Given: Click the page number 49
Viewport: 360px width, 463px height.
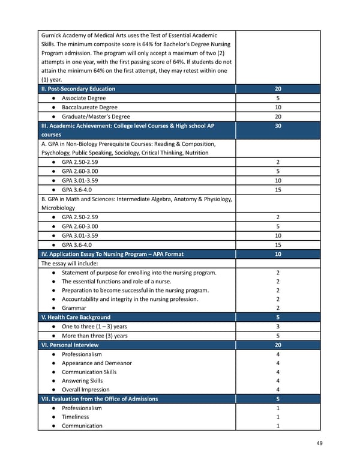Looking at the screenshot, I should (x=319, y=444).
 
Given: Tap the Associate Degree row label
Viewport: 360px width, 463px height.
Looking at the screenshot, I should (x=83, y=98).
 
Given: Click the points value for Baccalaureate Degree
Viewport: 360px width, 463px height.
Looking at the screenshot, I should (x=277, y=107).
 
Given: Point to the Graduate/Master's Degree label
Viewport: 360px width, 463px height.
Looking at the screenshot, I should (x=95, y=117).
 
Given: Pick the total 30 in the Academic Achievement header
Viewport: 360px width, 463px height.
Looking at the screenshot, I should (x=277, y=126).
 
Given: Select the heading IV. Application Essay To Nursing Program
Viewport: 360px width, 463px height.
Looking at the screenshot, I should (x=112, y=254).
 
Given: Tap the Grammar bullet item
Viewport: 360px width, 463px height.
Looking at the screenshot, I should (x=74, y=308).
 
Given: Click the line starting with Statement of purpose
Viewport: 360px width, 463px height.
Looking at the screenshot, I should (x=139, y=273).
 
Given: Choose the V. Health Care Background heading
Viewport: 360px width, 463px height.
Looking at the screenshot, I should (x=75, y=317).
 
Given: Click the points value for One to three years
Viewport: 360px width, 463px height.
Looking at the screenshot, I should (x=277, y=327).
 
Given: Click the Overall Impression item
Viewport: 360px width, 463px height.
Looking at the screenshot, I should (x=87, y=390).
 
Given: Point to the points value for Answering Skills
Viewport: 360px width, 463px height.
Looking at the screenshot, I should (x=277, y=381).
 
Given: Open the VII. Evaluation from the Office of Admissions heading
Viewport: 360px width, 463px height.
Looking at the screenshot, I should (x=99, y=399).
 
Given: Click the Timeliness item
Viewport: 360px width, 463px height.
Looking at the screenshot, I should (x=75, y=417).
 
